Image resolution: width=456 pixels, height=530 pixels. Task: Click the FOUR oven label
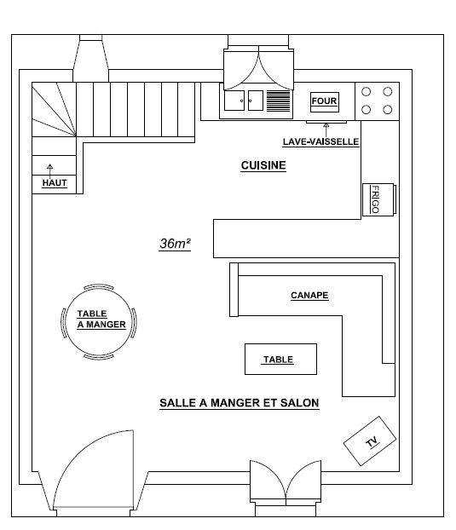click(x=324, y=101)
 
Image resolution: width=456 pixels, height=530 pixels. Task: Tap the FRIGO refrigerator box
click(x=378, y=199)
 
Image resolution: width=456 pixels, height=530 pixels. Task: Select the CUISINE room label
click(x=263, y=165)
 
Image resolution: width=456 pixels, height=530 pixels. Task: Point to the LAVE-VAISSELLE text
click(x=320, y=141)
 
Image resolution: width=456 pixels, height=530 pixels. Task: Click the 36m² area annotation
click(x=175, y=244)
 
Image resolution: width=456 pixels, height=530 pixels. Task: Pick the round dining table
click(x=98, y=322)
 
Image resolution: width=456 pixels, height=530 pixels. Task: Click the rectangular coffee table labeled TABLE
click(x=280, y=359)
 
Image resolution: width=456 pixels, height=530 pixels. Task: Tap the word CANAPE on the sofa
click(x=309, y=295)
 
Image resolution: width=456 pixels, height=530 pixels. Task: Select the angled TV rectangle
click(x=370, y=441)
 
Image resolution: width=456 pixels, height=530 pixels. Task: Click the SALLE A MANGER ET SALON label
click(x=240, y=403)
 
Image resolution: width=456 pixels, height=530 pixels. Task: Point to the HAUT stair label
click(x=55, y=183)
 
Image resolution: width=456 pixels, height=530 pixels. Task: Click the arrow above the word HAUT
click(x=50, y=171)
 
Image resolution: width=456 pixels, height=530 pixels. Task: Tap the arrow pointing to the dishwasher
click(x=326, y=130)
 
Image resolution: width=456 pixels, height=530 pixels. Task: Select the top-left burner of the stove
click(x=367, y=92)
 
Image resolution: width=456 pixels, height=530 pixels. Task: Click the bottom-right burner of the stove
click(x=387, y=110)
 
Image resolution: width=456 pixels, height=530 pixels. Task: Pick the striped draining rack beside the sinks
click(x=279, y=101)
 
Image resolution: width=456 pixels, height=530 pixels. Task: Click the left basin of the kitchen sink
click(x=234, y=101)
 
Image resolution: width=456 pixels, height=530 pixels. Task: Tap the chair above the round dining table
click(x=98, y=286)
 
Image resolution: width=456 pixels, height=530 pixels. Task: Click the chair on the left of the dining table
click(x=63, y=323)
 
